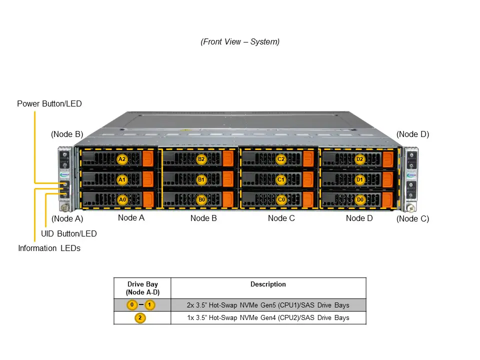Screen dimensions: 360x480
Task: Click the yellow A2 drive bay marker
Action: (x=122, y=159)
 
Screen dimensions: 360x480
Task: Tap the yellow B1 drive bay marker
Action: (x=201, y=179)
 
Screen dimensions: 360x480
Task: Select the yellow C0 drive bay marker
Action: (x=281, y=199)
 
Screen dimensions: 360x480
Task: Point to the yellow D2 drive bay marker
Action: (x=359, y=159)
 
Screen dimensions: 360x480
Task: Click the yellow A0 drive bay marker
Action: (x=122, y=199)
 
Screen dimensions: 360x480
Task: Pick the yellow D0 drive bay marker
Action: (x=359, y=199)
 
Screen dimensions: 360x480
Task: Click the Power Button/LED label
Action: (x=49, y=104)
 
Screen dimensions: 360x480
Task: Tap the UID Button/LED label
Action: (x=68, y=233)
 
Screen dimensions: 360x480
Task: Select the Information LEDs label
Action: (x=49, y=248)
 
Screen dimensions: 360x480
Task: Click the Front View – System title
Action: (x=240, y=42)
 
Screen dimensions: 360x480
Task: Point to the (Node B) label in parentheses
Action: (x=67, y=134)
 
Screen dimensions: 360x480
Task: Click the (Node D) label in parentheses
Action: (x=412, y=134)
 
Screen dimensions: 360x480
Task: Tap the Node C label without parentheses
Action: (x=281, y=218)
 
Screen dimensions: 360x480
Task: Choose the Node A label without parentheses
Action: (x=131, y=217)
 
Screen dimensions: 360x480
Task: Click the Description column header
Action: (x=268, y=284)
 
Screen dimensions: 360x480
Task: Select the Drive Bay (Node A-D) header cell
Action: (x=142, y=288)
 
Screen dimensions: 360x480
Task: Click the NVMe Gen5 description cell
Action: (x=268, y=305)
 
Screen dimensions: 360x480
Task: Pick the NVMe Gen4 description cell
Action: (x=268, y=318)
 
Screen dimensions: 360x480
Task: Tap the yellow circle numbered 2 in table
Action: (x=140, y=318)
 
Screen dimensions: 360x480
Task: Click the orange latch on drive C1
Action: (x=307, y=179)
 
